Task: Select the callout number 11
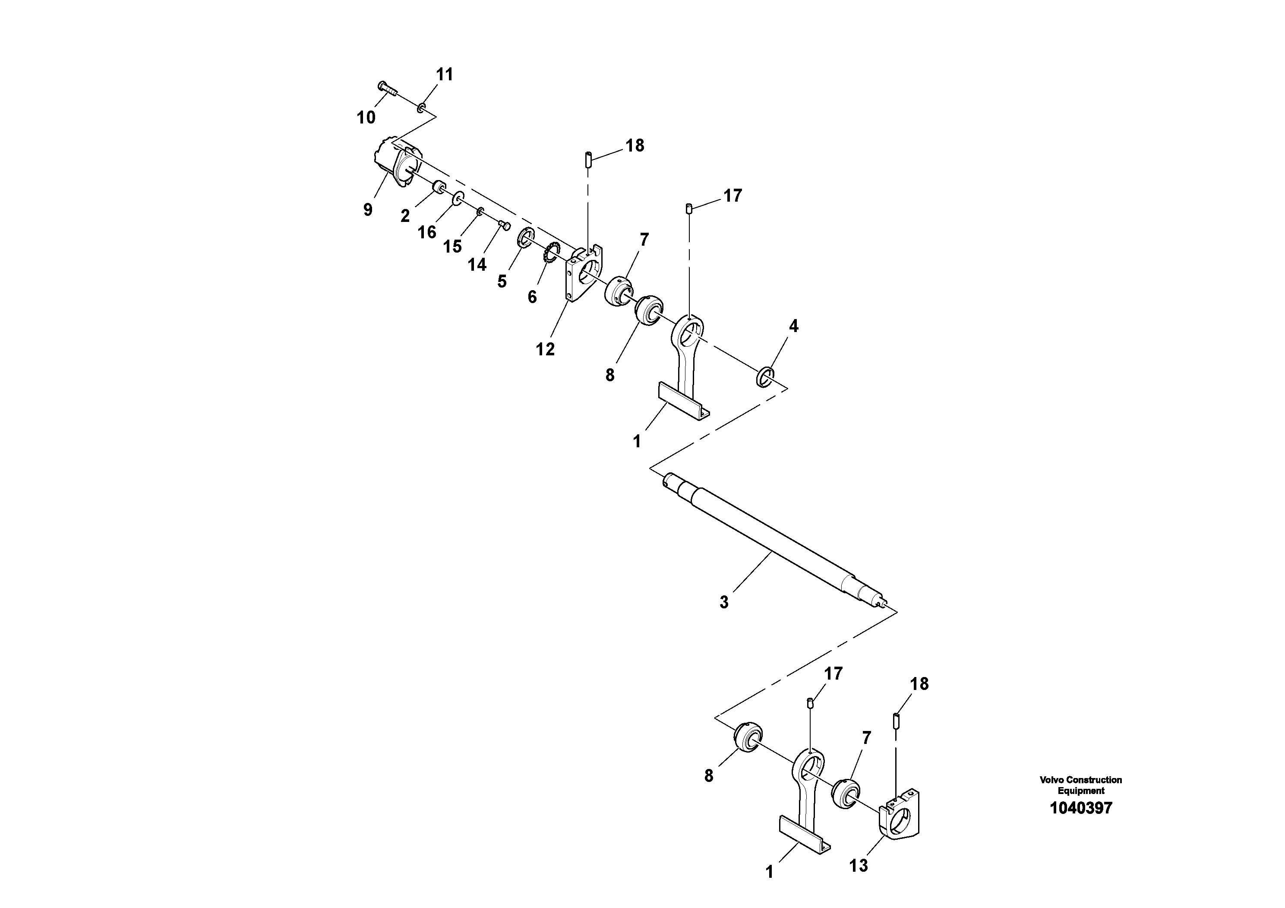445,74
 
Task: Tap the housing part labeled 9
395,162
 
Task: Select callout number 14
477,264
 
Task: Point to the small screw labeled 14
504,225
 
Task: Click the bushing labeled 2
440,187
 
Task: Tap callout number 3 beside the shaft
724,602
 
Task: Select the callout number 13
858,865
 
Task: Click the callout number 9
368,210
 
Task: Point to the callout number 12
545,349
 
